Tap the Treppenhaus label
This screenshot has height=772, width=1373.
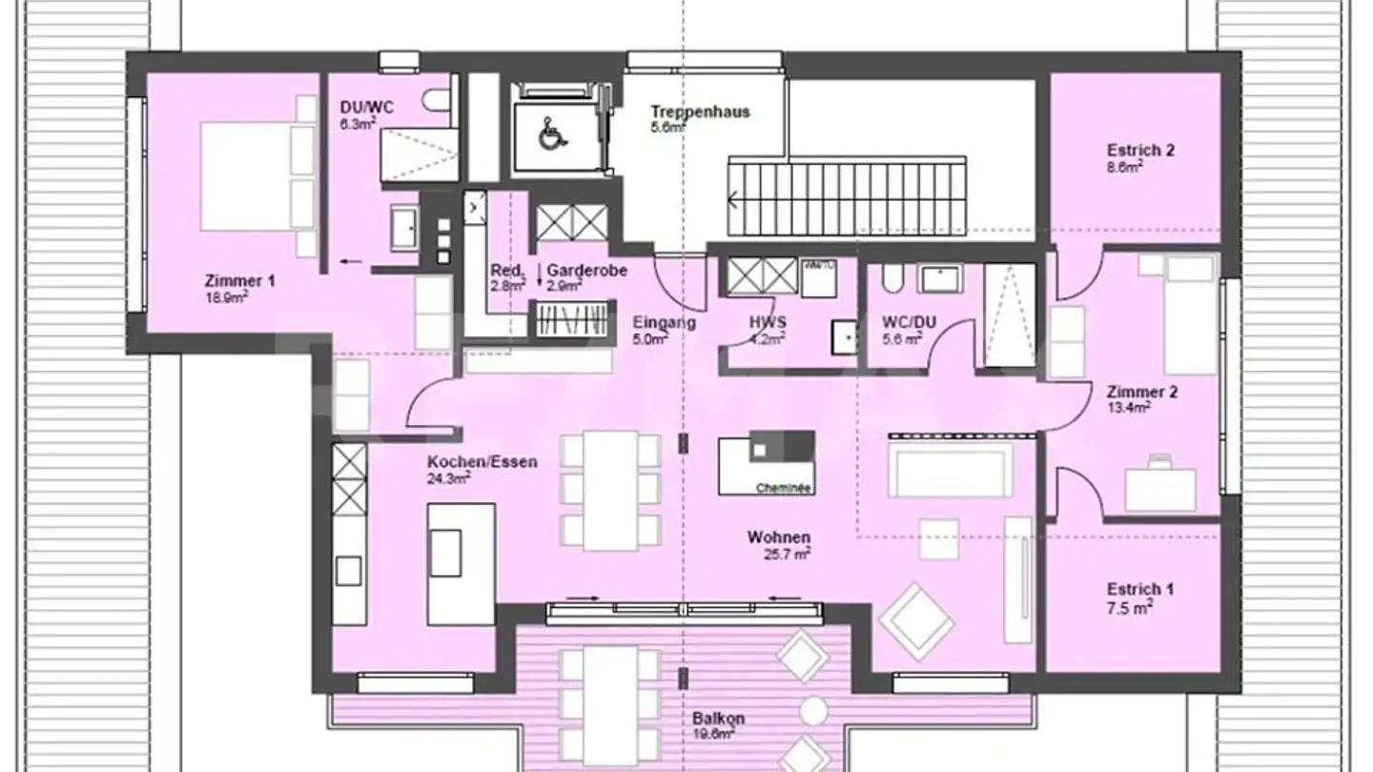pos(700,112)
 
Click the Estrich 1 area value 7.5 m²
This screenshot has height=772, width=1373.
pos(1130,606)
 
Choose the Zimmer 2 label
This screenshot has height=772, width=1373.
pos(1135,392)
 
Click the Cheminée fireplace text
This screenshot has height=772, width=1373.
pos(783,487)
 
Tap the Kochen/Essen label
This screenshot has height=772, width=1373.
pos(482,461)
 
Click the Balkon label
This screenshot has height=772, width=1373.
pos(719,719)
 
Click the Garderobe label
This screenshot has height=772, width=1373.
pos(586,271)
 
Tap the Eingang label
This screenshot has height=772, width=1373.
pos(664,322)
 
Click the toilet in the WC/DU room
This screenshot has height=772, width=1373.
pos(892,277)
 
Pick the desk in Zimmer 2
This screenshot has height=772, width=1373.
pos(1160,488)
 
